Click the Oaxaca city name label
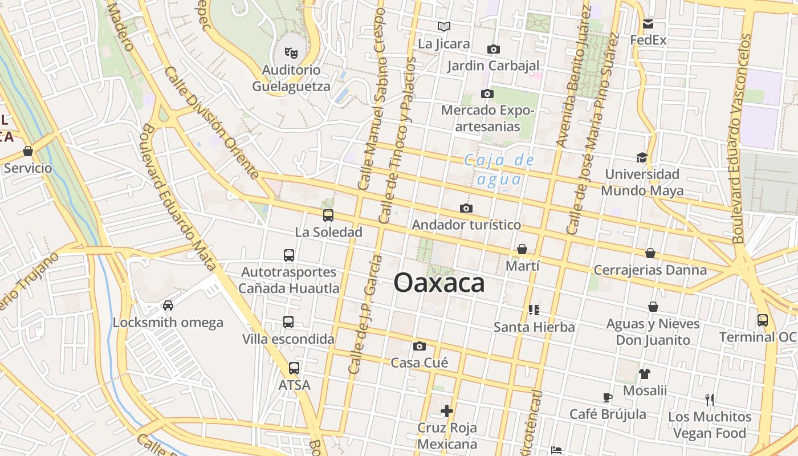[439, 283]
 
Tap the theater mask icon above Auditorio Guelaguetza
[291, 53]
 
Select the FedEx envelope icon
[648, 24]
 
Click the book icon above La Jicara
[444, 26]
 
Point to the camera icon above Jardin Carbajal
[494, 50]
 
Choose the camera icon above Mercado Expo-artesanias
[487, 93]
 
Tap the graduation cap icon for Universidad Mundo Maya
[642, 157]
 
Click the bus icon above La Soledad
[328, 215]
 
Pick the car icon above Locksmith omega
[168, 306]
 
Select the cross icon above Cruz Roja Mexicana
[447, 410]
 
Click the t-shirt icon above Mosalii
[645, 374]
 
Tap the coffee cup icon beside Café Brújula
[608, 397]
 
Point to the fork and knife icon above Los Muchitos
[710, 400]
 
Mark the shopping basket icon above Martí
[522, 249]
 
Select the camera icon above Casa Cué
[420, 346]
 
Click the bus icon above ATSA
[294, 368]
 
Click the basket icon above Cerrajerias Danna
[650, 253]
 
